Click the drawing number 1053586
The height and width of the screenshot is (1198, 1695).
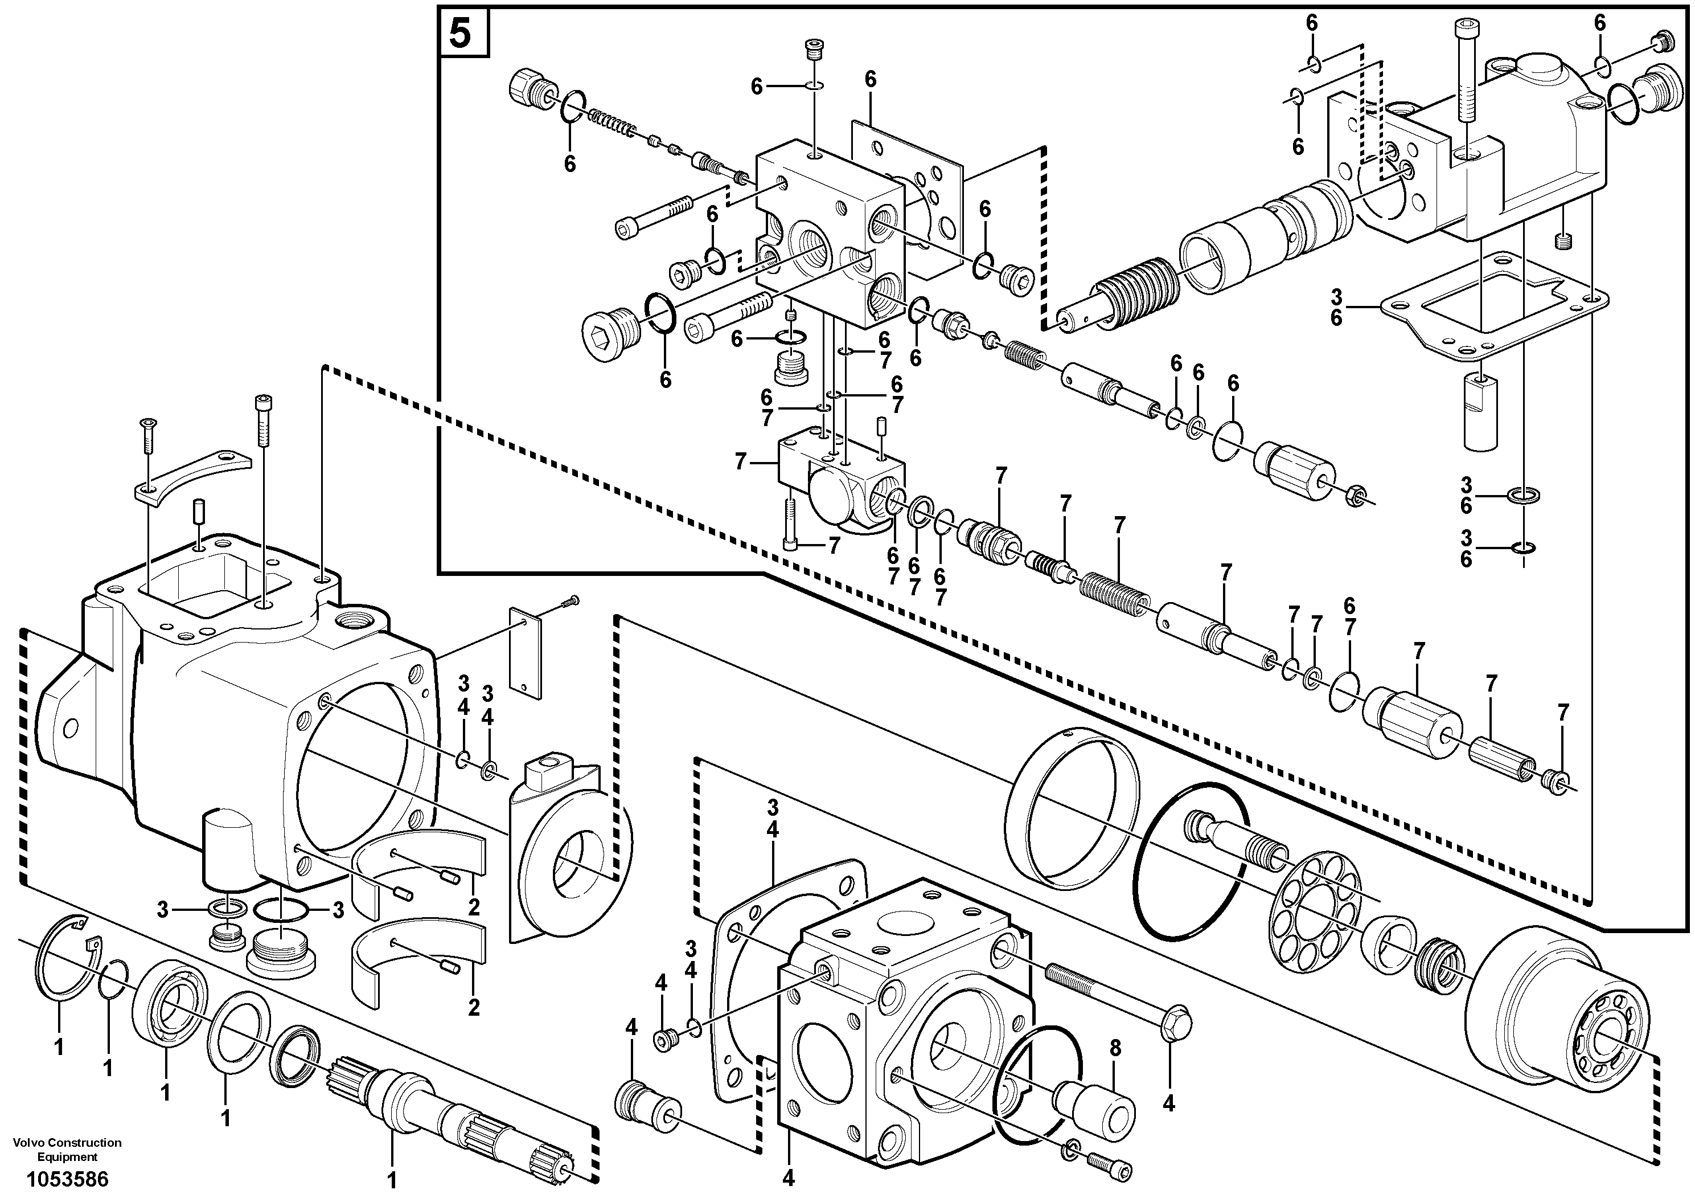pyautogui.click(x=67, y=1178)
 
